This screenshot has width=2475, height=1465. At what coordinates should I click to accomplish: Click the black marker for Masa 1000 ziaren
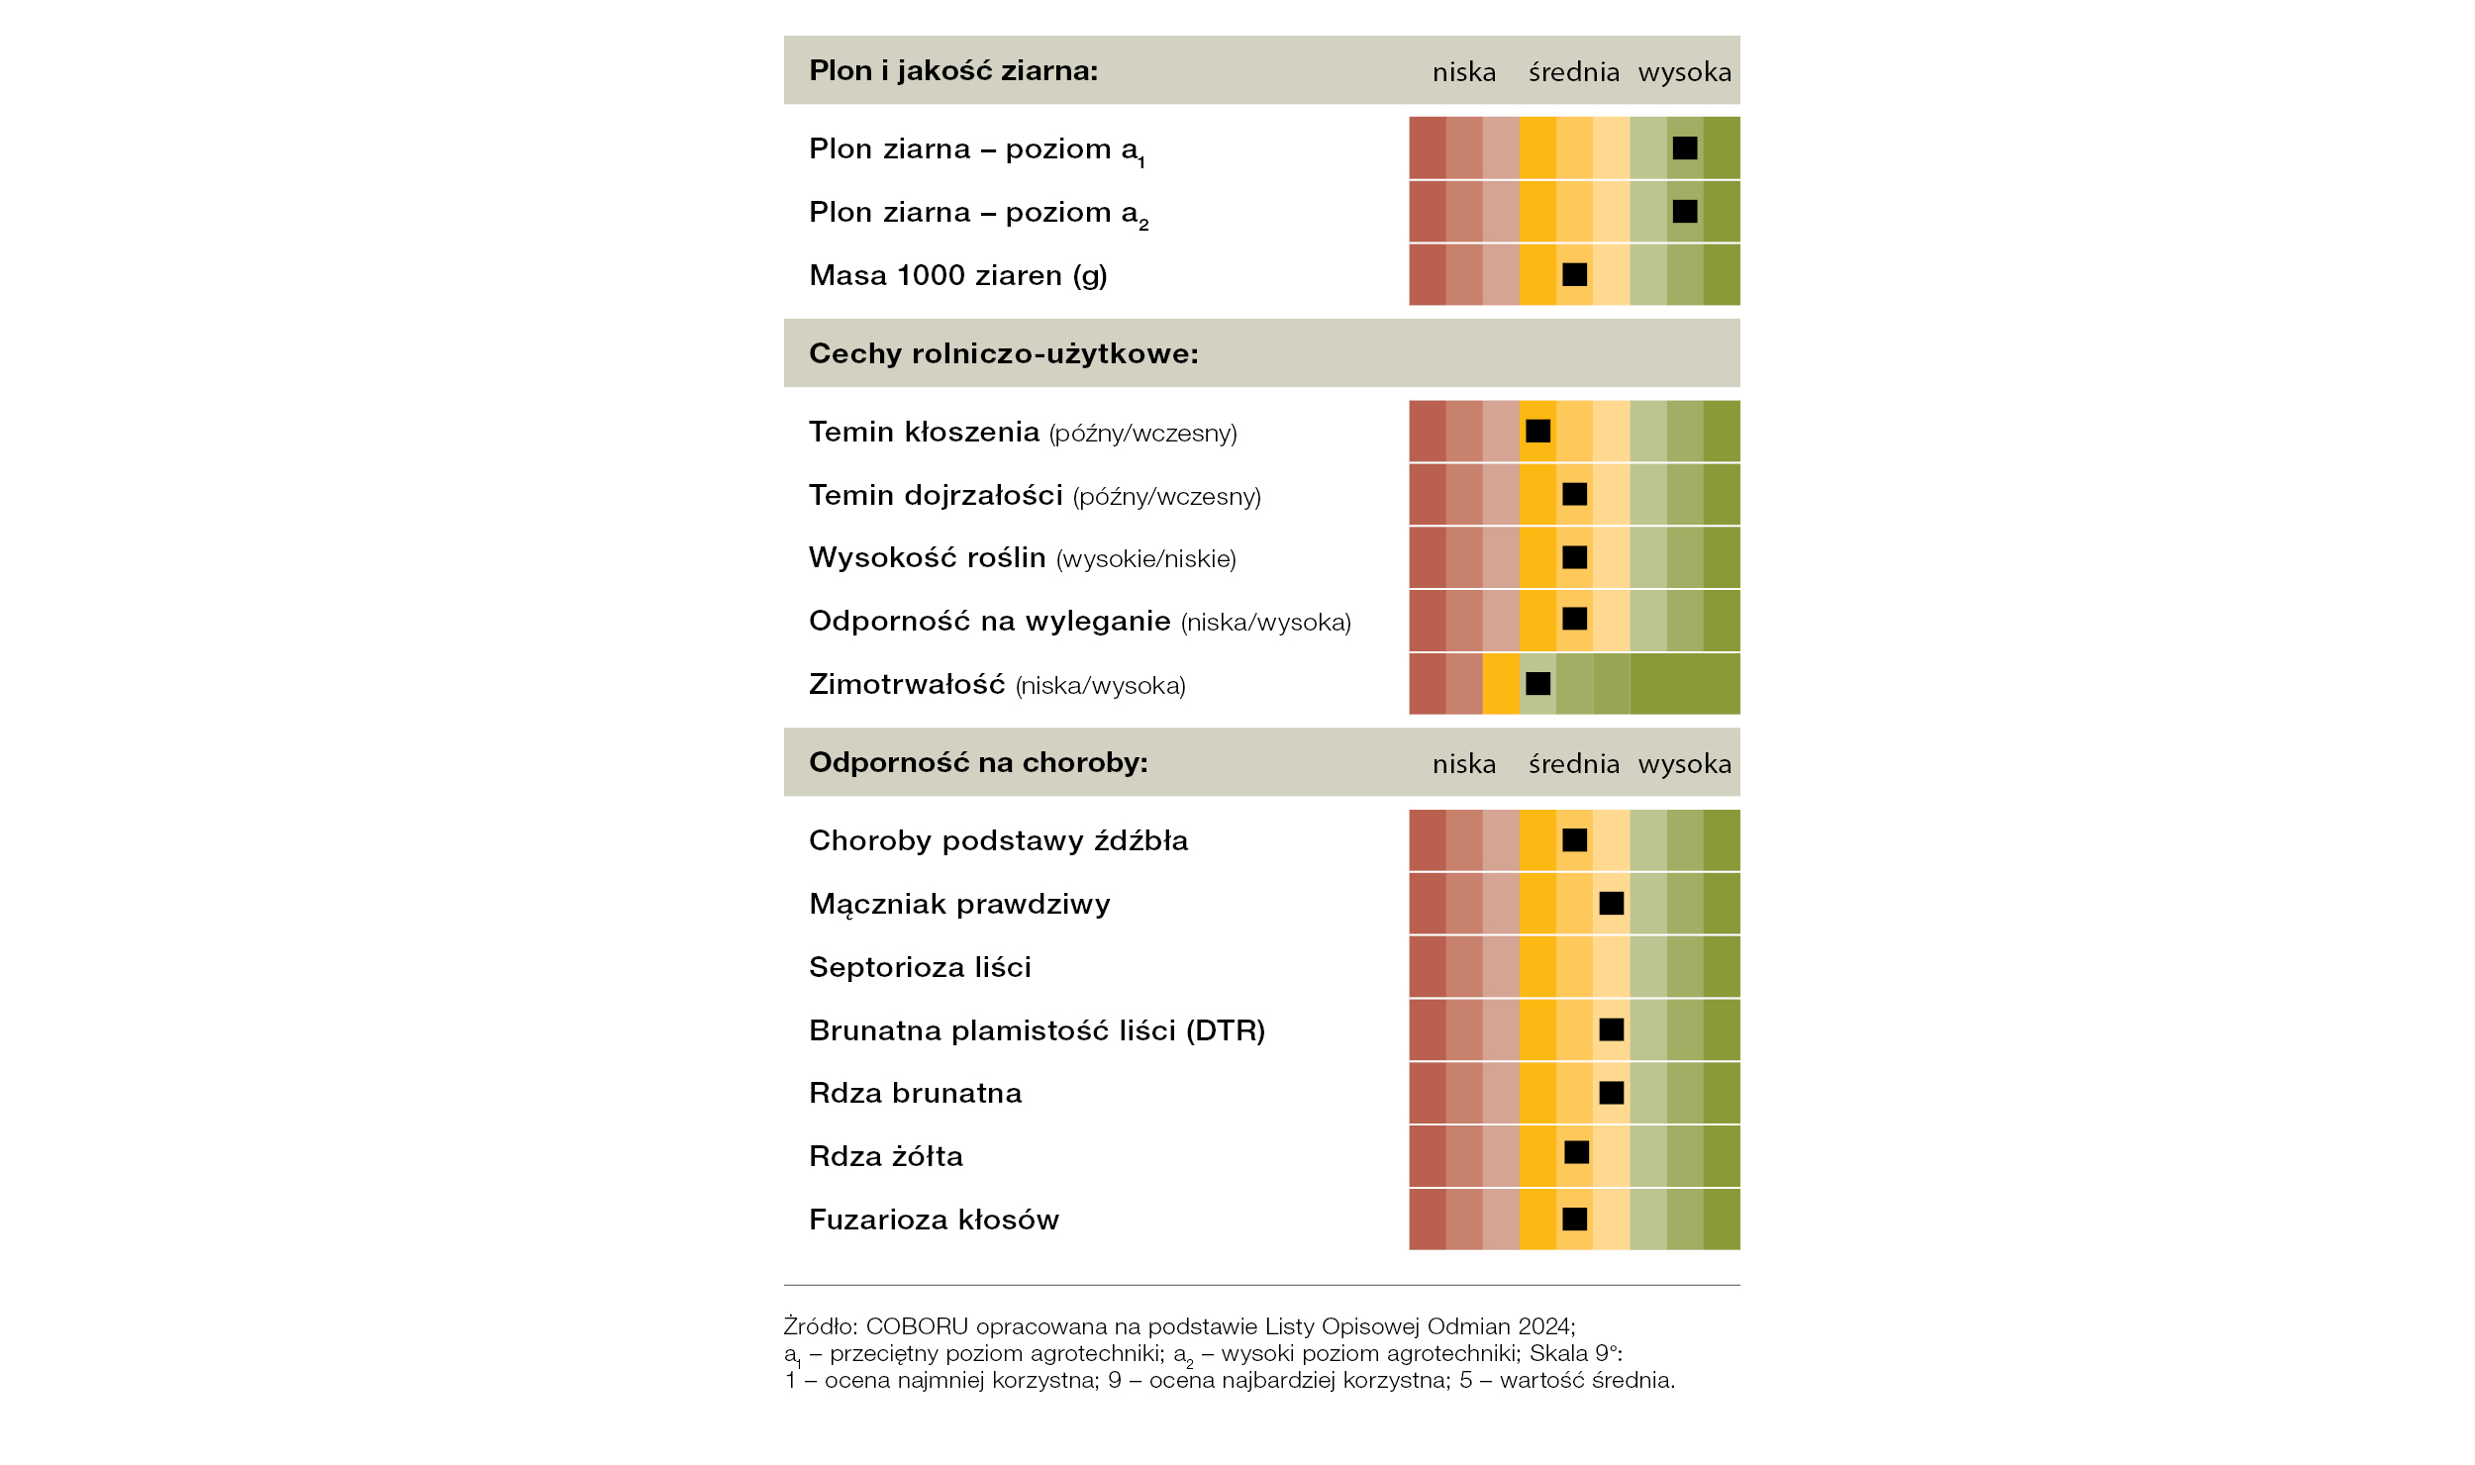coord(1574,274)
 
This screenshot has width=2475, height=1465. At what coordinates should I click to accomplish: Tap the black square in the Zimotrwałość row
coord(1537,683)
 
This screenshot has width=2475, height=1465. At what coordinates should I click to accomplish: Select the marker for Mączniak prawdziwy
coord(1611,903)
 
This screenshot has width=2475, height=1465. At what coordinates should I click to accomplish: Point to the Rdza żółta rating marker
coord(1576,1152)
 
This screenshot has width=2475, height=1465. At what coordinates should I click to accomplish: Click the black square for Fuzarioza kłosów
coord(1574,1219)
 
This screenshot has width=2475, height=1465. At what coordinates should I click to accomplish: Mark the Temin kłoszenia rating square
coord(1537,431)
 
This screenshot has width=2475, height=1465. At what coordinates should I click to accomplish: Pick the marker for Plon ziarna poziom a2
coord(1684,211)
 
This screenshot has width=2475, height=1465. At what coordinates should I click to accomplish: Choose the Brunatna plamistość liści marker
coord(1611,1029)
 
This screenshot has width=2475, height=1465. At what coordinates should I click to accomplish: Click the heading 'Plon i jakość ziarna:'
coord(953,71)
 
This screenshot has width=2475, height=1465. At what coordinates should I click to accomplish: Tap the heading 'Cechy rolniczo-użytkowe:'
coord(1004,353)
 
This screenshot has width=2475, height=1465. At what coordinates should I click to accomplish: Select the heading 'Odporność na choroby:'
coord(978,762)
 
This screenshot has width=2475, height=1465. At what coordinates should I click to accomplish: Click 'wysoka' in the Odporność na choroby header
coord(1684,764)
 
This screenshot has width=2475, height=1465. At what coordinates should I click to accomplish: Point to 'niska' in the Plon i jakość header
coord(1464,72)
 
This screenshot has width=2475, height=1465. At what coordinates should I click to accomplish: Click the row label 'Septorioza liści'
coord(920,967)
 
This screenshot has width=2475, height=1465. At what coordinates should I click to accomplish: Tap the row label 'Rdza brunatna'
coord(915,1093)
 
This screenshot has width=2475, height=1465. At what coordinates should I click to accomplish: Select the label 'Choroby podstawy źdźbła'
coord(998,840)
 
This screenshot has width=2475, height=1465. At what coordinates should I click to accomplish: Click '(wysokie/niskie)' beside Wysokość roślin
coord(1146,559)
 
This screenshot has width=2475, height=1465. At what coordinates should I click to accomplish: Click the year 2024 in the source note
coord(1544,1326)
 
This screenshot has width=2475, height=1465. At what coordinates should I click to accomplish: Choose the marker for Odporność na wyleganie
coord(1574,619)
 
